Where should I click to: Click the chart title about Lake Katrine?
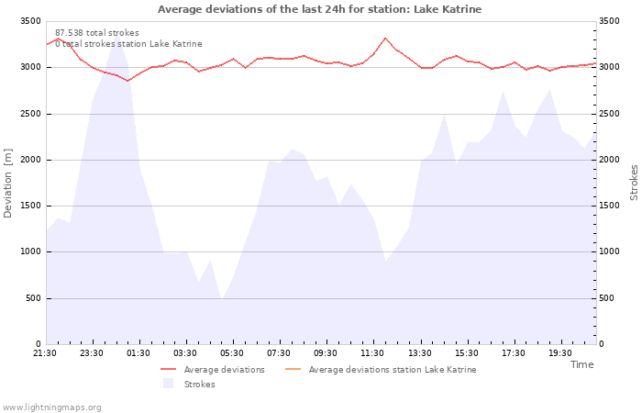(319, 9)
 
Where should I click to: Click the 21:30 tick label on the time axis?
(45, 353)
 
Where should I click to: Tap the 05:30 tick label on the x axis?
(232, 353)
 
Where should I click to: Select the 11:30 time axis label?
(372, 353)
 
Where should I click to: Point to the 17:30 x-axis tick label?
(513, 353)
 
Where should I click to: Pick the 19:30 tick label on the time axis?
(559, 353)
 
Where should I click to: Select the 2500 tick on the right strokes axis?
(612, 114)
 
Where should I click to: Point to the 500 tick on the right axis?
(609, 298)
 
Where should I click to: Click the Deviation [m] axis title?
(8, 183)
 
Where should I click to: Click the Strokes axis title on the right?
(634, 183)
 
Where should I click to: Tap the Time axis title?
(581, 364)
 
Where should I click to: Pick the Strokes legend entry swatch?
(168, 384)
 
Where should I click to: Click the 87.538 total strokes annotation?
(97, 33)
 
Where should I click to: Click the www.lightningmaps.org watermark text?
(51, 407)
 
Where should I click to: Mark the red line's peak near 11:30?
(385, 39)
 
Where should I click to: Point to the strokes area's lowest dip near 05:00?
(221, 299)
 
